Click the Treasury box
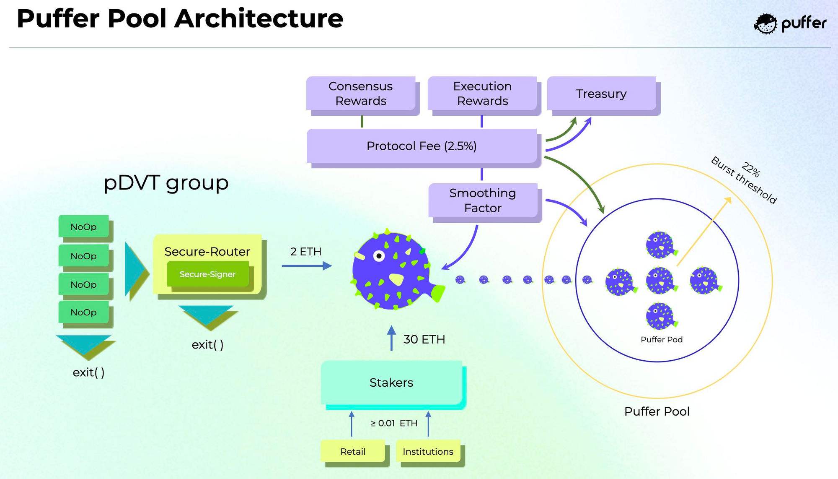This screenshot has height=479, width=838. (602, 94)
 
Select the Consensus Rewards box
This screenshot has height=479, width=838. (361, 94)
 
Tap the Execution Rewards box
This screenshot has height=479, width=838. (482, 94)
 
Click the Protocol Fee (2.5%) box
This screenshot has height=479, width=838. (422, 146)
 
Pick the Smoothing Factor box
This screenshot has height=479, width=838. (483, 200)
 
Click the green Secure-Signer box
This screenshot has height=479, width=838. (208, 274)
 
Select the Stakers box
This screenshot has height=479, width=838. (391, 383)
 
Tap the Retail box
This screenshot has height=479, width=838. (353, 451)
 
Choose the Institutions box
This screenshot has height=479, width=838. (428, 451)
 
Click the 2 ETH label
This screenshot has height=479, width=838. (306, 252)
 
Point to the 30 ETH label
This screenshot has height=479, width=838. (424, 339)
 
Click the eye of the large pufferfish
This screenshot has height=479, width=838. (379, 256)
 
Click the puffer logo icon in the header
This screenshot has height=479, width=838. (766, 24)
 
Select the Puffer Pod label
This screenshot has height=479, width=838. (662, 340)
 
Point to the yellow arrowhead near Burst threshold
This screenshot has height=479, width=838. (728, 200)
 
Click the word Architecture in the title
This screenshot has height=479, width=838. (259, 19)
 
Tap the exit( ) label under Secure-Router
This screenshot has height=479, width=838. (207, 345)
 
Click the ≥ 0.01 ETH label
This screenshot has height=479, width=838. (394, 423)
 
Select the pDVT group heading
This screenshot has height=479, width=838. (166, 183)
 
